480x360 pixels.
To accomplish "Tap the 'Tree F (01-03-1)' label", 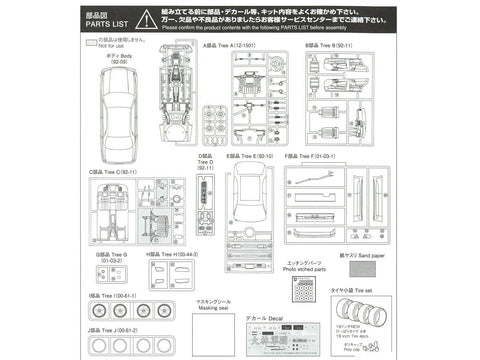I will (316, 157).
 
